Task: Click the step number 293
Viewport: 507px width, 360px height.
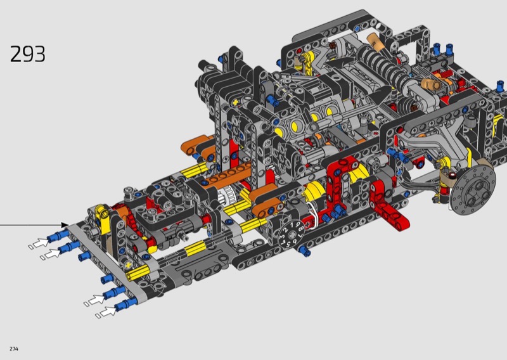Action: pos(27,54)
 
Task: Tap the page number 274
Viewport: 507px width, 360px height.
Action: pos(14,349)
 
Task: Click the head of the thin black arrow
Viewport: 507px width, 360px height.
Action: pos(65,225)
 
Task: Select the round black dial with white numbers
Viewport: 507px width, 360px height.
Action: pos(290,234)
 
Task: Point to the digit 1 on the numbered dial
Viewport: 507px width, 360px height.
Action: pos(292,224)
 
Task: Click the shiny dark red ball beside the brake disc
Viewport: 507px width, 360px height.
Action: pos(452,176)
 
